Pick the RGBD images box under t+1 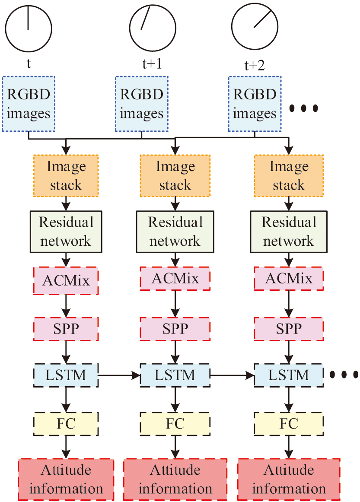pyautogui.click(x=142, y=104)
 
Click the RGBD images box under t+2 pyautogui.click(x=255, y=104)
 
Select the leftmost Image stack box pyautogui.click(x=66, y=175)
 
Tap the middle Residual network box pyautogui.click(x=175, y=231)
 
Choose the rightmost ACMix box pyautogui.click(x=289, y=279)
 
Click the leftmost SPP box pyautogui.click(x=66, y=329)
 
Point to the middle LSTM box pyautogui.click(x=175, y=375)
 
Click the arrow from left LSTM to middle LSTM pyautogui.click(x=120, y=375)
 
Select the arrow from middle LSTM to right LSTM pyautogui.click(x=232, y=375)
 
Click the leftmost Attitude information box pyautogui.click(x=66, y=479)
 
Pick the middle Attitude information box pyautogui.click(x=175, y=479)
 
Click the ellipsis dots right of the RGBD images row pyautogui.click(x=303, y=108)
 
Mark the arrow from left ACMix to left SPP pyautogui.click(x=66, y=304)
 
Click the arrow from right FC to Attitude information pyautogui.click(x=289, y=447)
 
